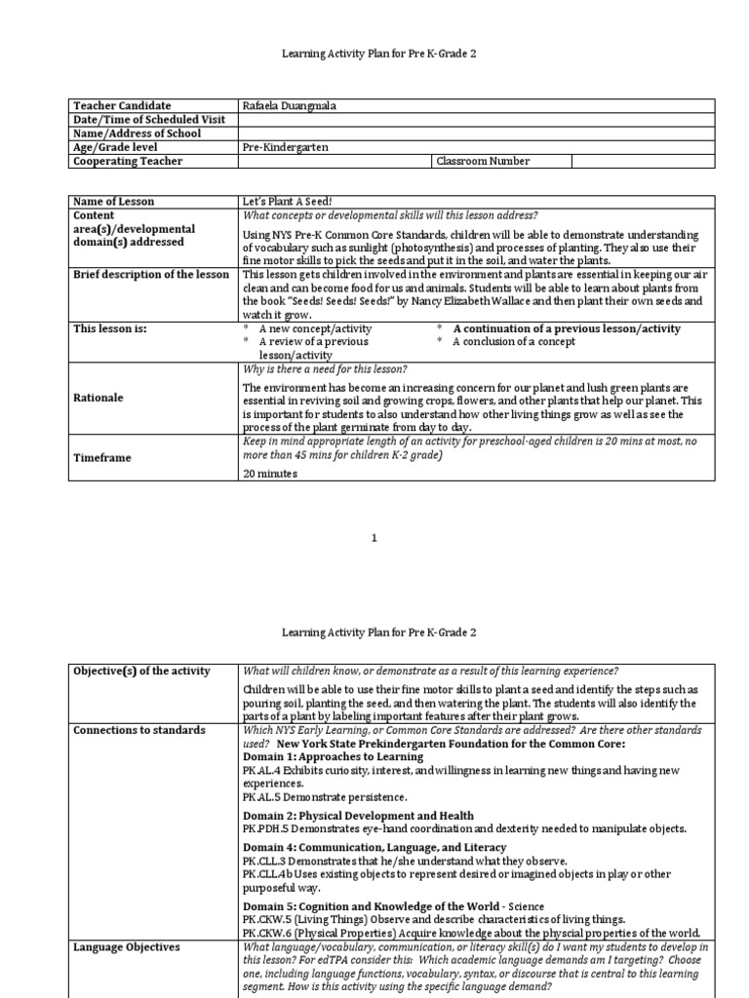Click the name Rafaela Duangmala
click(x=291, y=105)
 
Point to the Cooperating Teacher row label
click(x=128, y=161)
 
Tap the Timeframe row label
click(x=103, y=456)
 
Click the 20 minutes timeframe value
click(x=269, y=473)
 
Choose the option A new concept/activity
click(x=315, y=328)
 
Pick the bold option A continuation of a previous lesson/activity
click(x=566, y=328)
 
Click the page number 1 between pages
click(x=374, y=538)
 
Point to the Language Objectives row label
click(x=126, y=946)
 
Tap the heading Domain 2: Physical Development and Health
click(x=358, y=816)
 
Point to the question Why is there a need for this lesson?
click(x=325, y=368)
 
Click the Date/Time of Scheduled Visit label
click(x=149, y=119)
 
